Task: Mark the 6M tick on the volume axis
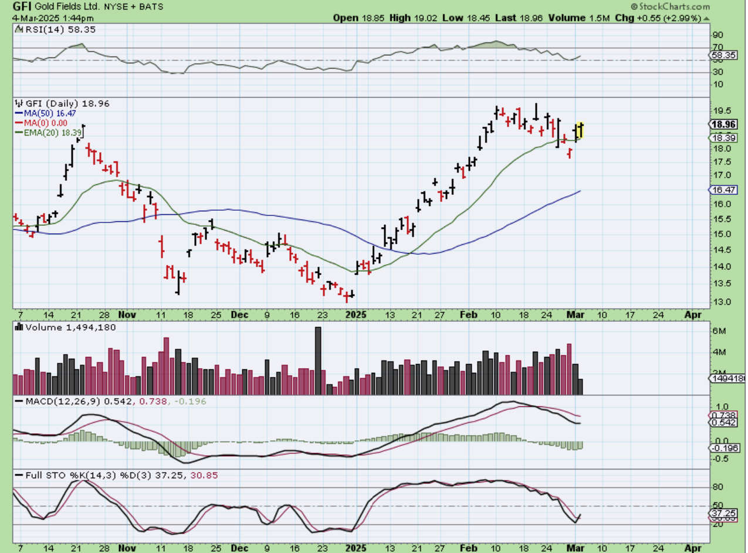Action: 719,331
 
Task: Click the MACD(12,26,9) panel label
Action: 61,401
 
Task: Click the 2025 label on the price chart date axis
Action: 357,315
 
